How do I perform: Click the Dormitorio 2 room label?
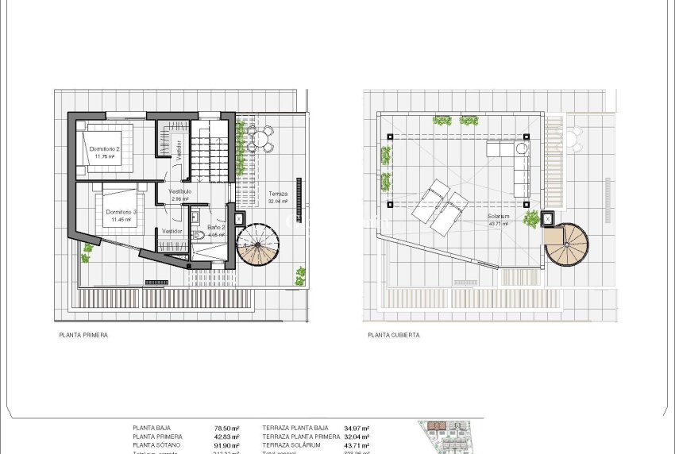104,149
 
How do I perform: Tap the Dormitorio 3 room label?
121,212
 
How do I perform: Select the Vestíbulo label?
179,191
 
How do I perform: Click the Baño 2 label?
217,227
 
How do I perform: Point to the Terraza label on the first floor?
277,194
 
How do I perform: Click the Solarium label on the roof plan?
498,216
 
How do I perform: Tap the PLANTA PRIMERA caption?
83,336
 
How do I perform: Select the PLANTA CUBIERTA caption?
394,336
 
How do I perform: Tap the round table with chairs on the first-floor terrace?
260,139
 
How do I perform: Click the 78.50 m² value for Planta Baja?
227,428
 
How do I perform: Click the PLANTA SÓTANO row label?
159,446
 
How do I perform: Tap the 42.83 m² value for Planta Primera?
227,437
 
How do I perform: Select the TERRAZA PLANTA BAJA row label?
295,428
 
